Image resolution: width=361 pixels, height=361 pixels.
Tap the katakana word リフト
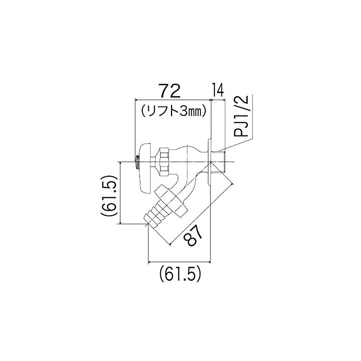[162, 110]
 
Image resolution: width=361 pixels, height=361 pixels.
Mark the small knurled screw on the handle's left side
[135, 162]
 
